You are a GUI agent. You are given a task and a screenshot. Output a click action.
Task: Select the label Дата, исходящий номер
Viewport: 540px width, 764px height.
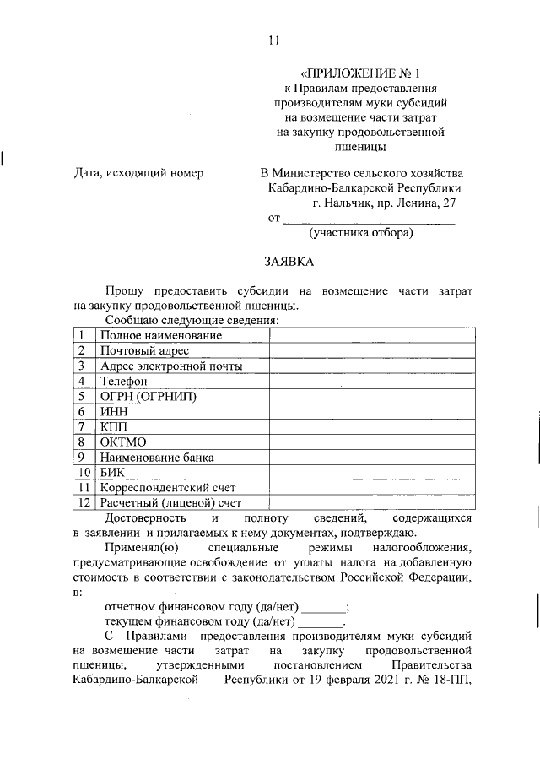pyautogui.click(x=138, y=173)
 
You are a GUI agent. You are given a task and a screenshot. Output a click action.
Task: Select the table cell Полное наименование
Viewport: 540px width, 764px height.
pyautogui.click(x=149, y=336)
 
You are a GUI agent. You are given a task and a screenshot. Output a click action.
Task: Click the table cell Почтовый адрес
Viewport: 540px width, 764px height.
pyautogui.click(x=144, y=351)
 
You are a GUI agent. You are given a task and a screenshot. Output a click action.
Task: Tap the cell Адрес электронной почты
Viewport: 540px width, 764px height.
pyautogui.click(x=171, y=366)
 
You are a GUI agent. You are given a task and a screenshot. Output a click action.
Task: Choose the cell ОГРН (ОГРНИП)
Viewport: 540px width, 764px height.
pyautogui.click(x=153, y=397)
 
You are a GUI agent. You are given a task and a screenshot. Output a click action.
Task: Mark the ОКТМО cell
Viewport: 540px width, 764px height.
pyautogui.click(x=123, y=442)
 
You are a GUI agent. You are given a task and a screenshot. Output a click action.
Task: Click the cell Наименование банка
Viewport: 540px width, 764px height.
pyautogui.click(x=157, y=458)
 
